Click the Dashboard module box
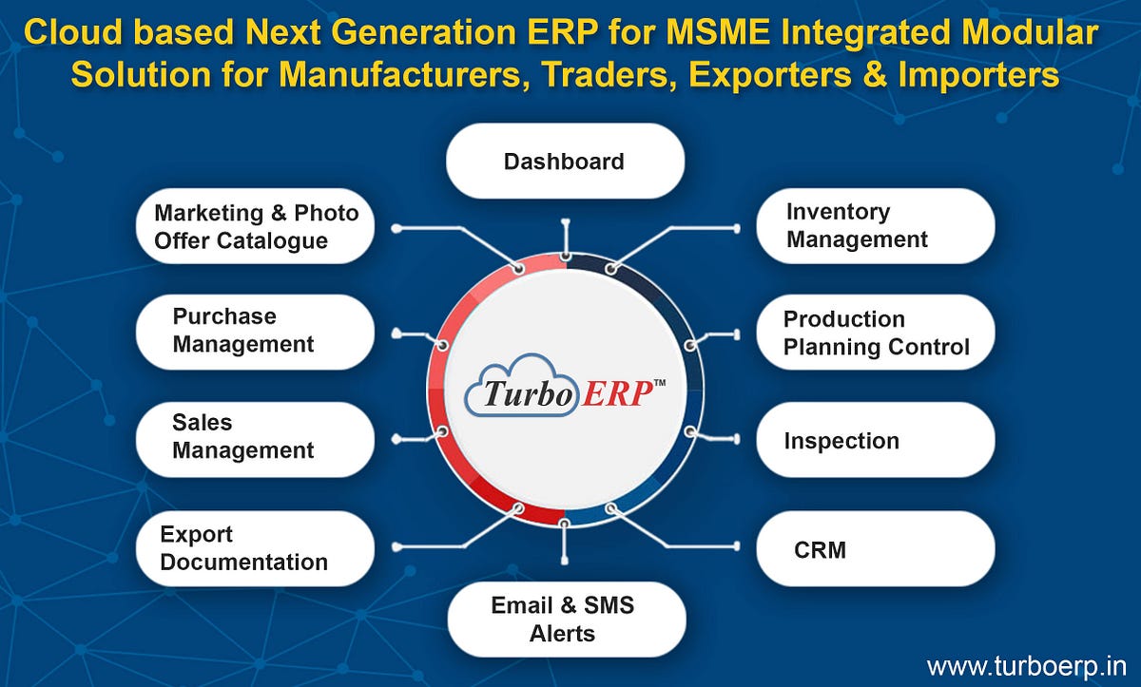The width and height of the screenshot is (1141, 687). pos(565,162)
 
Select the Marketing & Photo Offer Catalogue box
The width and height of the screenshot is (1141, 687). pos(255,226)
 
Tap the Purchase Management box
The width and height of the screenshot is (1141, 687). pos(255,331)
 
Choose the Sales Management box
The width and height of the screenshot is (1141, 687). pos(255,437)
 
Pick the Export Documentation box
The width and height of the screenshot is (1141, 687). pos(255,548)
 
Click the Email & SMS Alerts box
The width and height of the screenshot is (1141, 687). pos(565,619)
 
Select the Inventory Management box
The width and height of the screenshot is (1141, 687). pos(875,226)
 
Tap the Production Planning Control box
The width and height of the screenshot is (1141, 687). pos(875,333)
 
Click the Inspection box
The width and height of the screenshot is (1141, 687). pos(875,441)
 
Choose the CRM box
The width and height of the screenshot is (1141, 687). pos(875,549)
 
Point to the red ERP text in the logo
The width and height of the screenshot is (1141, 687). pos(614,392)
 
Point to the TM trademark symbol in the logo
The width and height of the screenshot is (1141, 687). pos(659,382)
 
